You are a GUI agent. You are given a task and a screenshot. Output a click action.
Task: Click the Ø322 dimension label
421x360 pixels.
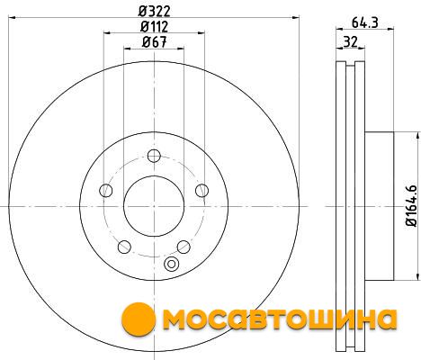coord(154,12)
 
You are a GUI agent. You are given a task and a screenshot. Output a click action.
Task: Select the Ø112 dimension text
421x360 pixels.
coord(154,27)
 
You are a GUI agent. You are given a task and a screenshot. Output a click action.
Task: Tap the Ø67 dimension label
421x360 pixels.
coord(154,42)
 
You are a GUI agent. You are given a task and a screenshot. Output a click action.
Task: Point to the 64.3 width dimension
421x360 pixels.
coord(364,22)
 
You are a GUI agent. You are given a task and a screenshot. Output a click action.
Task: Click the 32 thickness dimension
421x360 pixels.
coord(350,41)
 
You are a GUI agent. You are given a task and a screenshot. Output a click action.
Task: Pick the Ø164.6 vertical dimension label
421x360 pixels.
coord(411,205)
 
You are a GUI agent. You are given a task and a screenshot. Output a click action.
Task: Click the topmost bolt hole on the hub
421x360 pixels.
coord(154,156)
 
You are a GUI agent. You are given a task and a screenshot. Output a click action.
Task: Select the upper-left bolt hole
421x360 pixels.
coord(105,191)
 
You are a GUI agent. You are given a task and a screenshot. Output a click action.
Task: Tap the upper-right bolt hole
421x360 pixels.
coord(202,191)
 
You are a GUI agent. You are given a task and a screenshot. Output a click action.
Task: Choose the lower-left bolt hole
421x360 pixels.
coord(124,247)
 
